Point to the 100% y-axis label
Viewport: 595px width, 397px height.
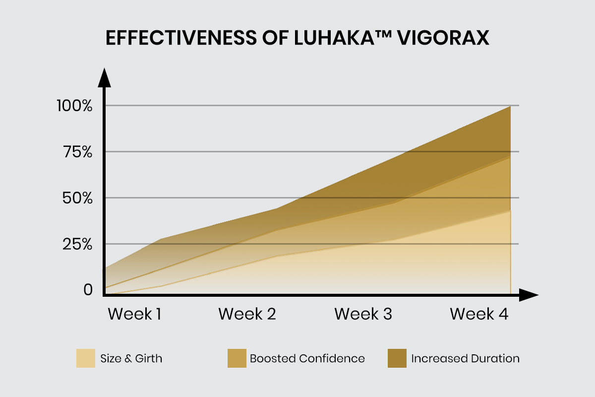click(x=75, y=106)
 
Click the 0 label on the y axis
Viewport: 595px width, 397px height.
click(x=88, y=289)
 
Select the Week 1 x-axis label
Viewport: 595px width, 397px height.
click(x=135, y=314)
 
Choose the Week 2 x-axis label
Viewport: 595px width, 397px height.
click(x=247, y=314)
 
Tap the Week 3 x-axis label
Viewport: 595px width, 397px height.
click(x=363, y=314)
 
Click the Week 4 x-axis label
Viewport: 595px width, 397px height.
click(x=479, y=314)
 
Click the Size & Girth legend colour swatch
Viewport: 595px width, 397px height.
click(x=85, y=358)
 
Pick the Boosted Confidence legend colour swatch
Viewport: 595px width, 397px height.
click(x=237, y=358)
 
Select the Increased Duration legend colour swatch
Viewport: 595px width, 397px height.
click(x=397, y=358)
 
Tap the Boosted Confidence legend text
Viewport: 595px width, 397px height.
click(x=307, y=358)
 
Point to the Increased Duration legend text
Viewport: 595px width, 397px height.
click(x=465, y=358)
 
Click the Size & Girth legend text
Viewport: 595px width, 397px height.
click(x=131, y=358)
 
